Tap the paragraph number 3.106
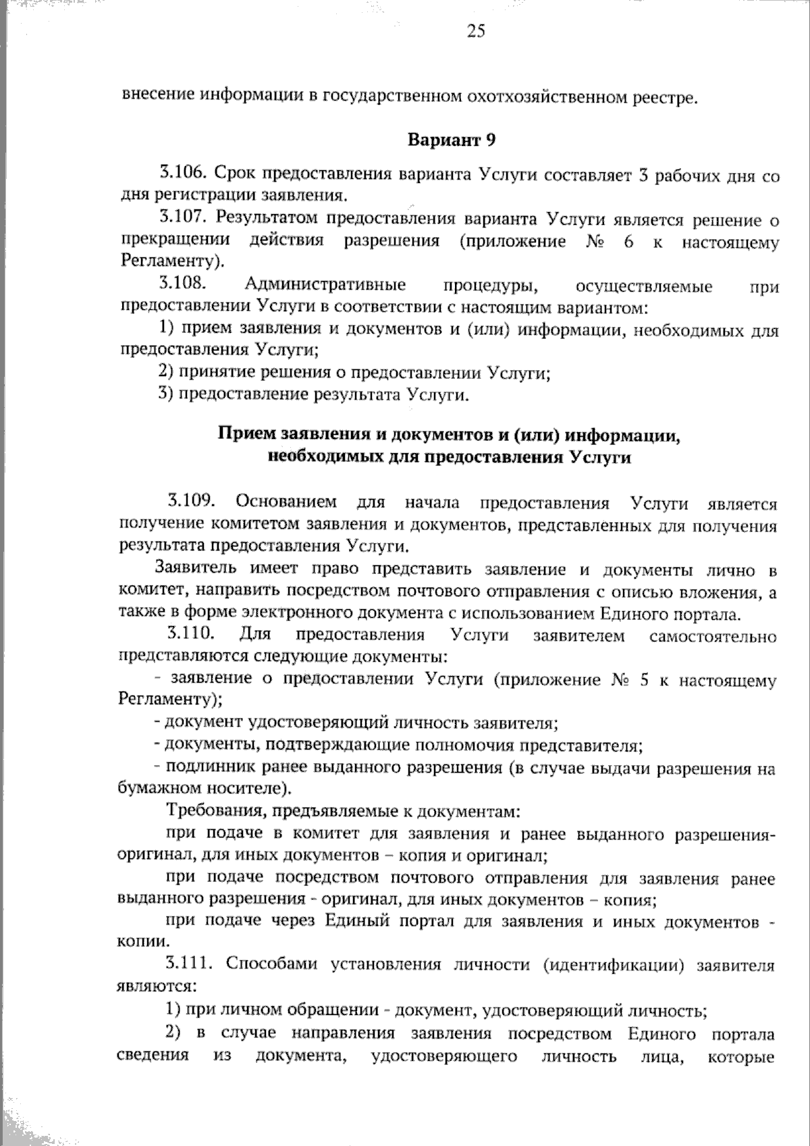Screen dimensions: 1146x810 click(x=183, y=174)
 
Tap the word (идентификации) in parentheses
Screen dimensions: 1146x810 click(x=614, y=965)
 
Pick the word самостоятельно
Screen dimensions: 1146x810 click(x=713, y=636)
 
